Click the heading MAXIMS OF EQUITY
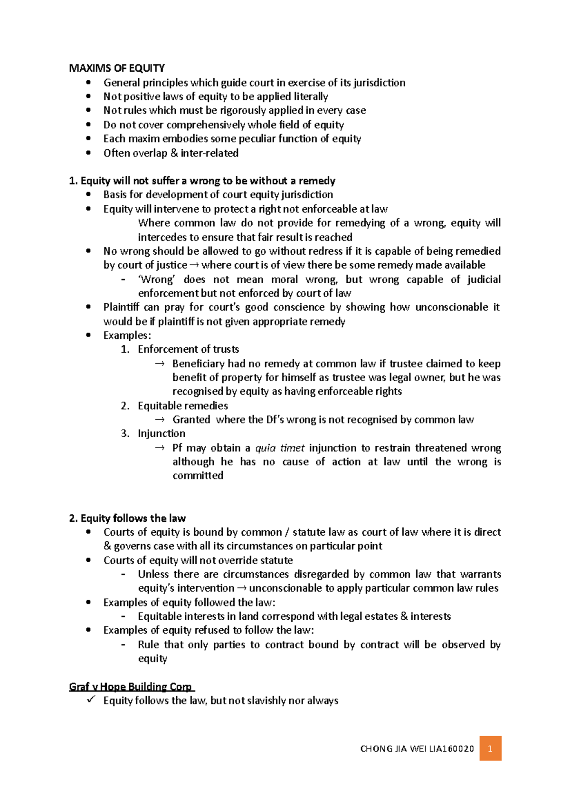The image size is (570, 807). [117, 68]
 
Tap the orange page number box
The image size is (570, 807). [490, 749]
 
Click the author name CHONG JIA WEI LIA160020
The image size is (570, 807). [417, 749]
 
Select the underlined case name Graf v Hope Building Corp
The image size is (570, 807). [131, 687]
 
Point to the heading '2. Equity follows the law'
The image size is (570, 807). [127, 518]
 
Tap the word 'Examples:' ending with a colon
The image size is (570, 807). [127, 336]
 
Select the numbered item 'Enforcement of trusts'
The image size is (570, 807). [188, 349]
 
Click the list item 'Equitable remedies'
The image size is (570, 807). [182, 405]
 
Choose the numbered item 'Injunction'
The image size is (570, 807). [161, 433]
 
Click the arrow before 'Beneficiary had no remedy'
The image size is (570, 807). [160, 364]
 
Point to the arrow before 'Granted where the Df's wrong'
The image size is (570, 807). [160, 420]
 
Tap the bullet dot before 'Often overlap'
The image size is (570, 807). [88, 153]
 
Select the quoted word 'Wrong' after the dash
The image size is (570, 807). [157, 279]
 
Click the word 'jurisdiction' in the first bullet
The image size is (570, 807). [379, 83]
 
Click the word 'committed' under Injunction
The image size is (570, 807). [198, 476]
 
